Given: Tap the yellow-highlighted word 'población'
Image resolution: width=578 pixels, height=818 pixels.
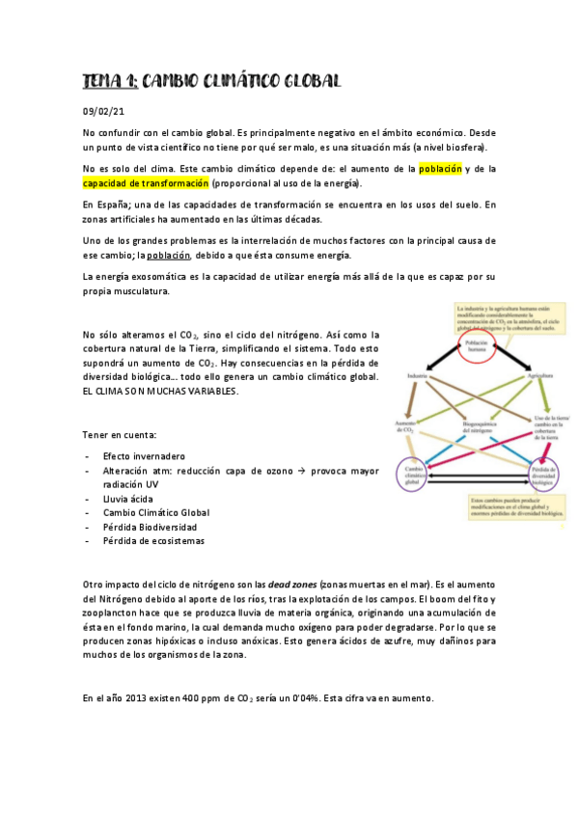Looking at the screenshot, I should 440,169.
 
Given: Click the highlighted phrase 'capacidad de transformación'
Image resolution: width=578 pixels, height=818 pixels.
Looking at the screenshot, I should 146,183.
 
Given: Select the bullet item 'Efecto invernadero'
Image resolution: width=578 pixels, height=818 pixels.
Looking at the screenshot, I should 144,455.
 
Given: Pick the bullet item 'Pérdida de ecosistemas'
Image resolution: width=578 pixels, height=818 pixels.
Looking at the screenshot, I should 153,541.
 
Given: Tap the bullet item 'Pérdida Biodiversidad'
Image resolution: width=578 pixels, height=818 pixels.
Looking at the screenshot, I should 150,527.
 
